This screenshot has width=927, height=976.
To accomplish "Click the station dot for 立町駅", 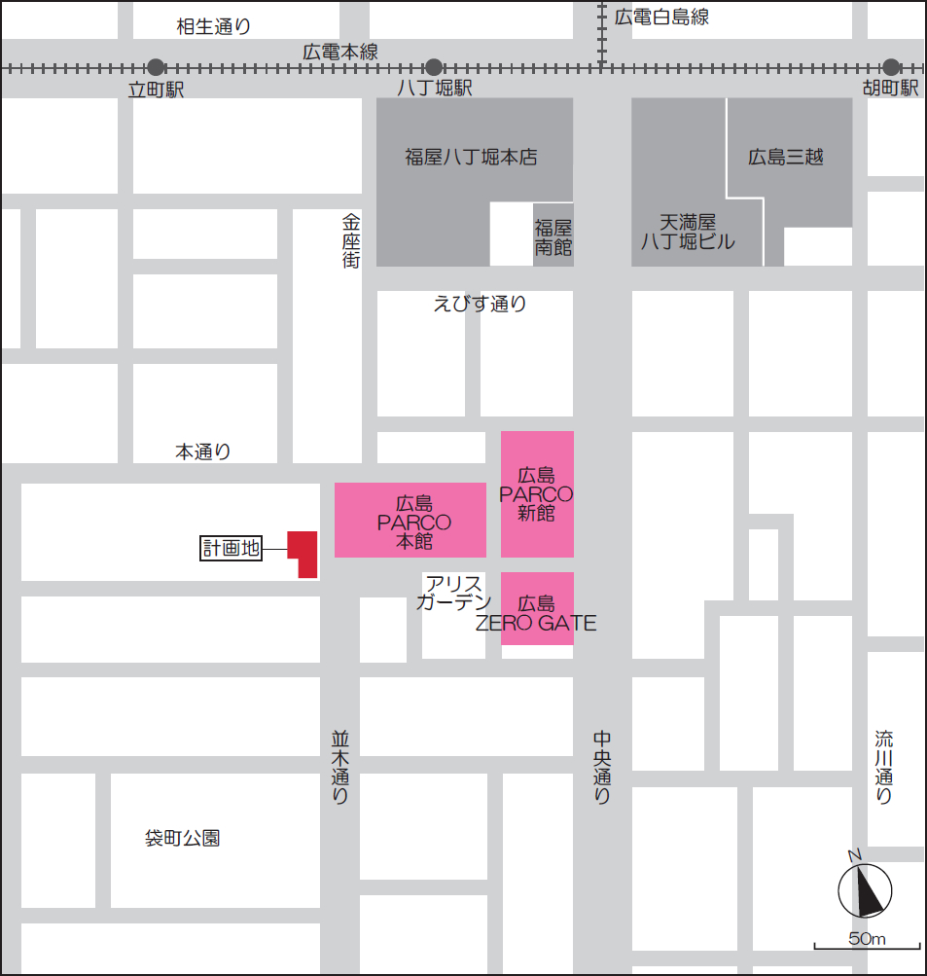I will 156,67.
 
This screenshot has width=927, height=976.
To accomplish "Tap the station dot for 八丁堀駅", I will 434,67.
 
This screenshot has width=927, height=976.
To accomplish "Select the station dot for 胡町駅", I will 891,67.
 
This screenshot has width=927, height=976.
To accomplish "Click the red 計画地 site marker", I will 303,552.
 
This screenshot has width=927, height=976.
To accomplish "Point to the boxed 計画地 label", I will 231,549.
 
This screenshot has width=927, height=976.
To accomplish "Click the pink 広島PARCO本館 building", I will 410,521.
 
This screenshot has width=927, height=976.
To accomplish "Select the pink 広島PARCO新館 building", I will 537,494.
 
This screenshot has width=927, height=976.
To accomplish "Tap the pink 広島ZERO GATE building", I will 537,609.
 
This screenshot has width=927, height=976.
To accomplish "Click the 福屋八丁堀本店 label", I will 471,156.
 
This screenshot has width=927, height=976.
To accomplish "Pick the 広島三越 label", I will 786,156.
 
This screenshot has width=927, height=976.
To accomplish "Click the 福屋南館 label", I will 553,236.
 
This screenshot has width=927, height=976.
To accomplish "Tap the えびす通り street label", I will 480,305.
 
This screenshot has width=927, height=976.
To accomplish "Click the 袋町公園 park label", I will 182,838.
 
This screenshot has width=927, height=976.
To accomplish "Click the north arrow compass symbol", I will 865,889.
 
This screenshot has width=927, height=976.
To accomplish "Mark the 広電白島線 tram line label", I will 661,17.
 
